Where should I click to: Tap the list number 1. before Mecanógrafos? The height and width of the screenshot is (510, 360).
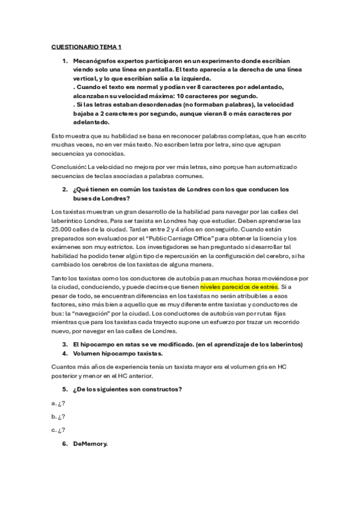66,61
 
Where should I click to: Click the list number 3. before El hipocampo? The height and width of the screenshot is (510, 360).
66,343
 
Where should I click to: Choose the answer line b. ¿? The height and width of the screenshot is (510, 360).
58,416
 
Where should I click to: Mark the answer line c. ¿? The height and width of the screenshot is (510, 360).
58,430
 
